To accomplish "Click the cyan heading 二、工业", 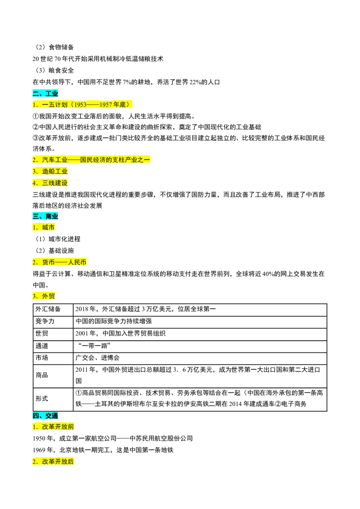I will pyautogui.click(x=45, y=94).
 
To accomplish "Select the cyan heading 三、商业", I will pyautogui.click(x=45, y=216).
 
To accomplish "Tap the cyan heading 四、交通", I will pyautogui.click(x=45, y=416).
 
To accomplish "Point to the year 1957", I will pyautogui.click(x=106, y=105).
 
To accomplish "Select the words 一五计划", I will pyautogui.click(x=54, y=105).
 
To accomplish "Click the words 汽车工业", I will pyautogui.click(x=54, y=160).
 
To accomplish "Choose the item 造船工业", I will pyautogui.click(x=55, y=171).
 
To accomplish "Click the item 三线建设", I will pyautogui.click(x=55, y=183).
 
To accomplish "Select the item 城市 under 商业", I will pyautogui.click(x=49, y=228).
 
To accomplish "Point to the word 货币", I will pyautogui.click(x=49, y=262).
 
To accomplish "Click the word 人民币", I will pyautogui.click(x=77, y=262).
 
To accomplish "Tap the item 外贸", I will pyautogui.click(x=49, y=296).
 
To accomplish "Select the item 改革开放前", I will pyautogui.click(x=58, y=427).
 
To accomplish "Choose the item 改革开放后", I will pyautogui.click(x=58, y=462).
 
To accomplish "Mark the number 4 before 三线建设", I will pyautogui.click(x=34, y=183).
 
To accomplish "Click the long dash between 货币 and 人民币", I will pyautogui.click(x=61, y=262).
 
